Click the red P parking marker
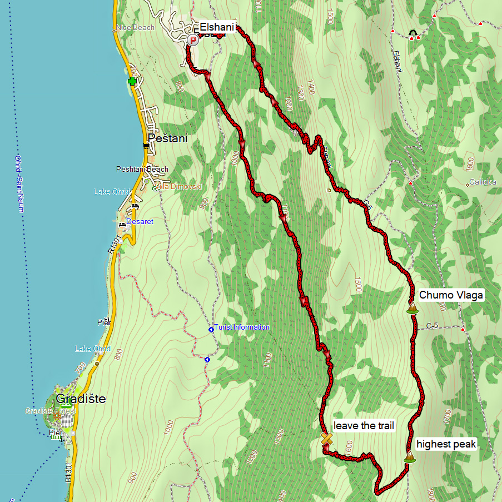pos(193,40)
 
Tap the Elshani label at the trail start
pos(217,26)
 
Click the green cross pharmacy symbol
pos(132,82)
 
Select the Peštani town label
pos(167,138)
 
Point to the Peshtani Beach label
pos(142,169)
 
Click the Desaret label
pos(140,221)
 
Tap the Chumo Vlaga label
pos(451,295)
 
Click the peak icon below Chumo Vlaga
pos(412,308)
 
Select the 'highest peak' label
pos(446,444)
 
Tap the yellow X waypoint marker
pos(327,439)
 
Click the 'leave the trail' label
pos(364,426)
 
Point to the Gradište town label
pos(81,399)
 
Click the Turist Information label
pos(242,327)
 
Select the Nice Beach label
pos(136,28)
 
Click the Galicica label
pos(482,182)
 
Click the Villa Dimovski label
pos(178,187)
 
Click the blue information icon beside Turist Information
pos(211,330)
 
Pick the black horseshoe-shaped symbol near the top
pos(412,33)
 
